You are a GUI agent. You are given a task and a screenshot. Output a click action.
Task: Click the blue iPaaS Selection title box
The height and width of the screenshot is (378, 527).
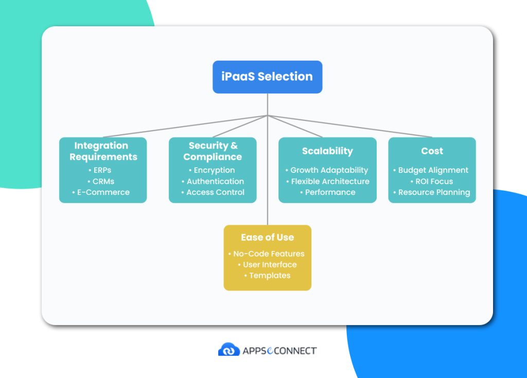(x=267, y=77)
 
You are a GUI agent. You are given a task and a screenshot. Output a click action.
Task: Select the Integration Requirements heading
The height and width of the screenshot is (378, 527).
(x=103, y=151)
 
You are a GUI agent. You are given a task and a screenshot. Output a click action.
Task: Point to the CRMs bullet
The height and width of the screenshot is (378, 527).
(x=103, y=181)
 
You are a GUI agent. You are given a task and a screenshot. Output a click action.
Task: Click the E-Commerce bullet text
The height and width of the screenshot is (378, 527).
(x=103, y=192)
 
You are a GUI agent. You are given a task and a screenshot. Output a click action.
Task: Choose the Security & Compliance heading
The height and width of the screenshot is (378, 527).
(x=213, y=151)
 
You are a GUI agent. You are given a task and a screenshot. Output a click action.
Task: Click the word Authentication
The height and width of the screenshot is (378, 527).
(x=215, y=181)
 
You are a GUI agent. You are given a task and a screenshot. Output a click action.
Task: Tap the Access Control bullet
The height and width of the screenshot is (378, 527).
(x=215, y=192)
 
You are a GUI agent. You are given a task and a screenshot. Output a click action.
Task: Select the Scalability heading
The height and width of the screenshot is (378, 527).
(x=327, y=151)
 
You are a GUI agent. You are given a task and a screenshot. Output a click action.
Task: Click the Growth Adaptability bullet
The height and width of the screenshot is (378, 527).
(x=329, y=170)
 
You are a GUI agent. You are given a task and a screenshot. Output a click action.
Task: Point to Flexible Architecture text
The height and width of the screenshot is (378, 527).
(x=330, y=181)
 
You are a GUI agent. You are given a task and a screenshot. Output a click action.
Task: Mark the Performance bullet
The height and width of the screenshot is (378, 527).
(x=330, y=192)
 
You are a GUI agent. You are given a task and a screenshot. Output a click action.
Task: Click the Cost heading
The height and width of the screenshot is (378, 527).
(x=432, y=151)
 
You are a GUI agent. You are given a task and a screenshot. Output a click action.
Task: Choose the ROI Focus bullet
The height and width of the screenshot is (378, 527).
(x=434, y=181)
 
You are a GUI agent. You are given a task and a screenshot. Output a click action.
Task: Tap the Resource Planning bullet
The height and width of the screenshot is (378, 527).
(x=434, y=192)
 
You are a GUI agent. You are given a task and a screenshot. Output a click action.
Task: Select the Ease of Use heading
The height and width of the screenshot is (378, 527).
(x=267, y=238)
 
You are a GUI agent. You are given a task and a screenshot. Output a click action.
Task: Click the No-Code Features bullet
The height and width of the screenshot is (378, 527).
(x=269, y=254)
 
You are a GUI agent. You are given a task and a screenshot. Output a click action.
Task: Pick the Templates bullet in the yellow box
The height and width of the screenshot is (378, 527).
(x=270, y=276)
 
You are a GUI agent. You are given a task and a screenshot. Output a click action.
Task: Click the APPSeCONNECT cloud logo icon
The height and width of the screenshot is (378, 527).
(x=229, y=350)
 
